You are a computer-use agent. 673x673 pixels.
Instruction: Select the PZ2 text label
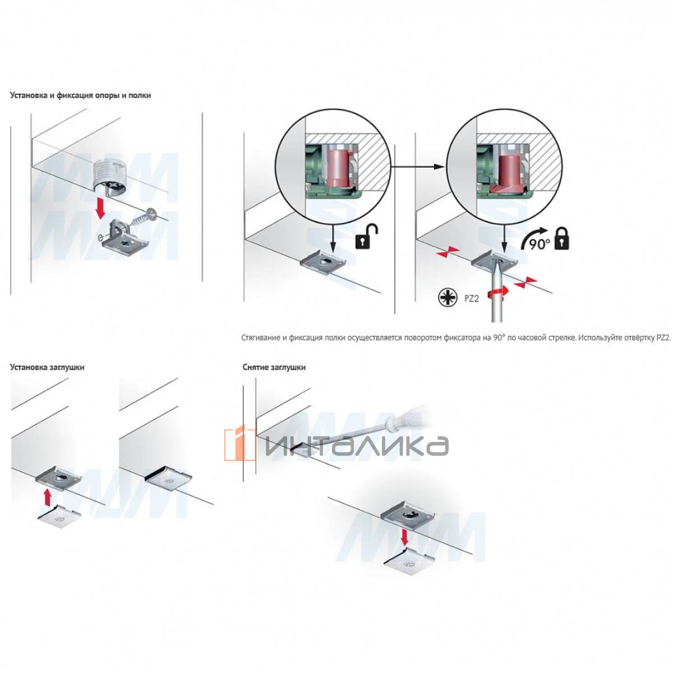(x=471, y=298)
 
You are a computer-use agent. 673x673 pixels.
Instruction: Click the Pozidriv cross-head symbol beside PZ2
(x=448, y=298)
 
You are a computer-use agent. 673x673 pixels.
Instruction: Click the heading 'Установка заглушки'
(x=47, y=367)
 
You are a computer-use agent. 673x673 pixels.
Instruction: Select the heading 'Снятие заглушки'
(x=274, y=367)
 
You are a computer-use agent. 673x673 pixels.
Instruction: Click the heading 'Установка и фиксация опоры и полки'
(x=80, y=95)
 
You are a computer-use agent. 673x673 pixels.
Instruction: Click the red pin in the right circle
(x=509, y=173)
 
